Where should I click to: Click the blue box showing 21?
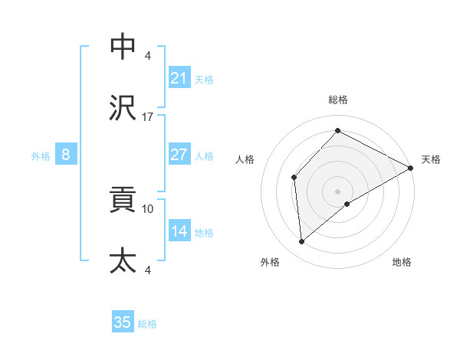point(179,78)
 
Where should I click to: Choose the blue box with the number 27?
point(179,155)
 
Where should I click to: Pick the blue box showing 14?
point(179,231)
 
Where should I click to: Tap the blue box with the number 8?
point(66,155)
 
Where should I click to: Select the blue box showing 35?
point(123,322)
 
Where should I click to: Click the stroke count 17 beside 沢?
point(148,117)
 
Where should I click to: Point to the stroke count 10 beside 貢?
point(148,208)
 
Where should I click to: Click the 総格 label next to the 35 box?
point(147,324)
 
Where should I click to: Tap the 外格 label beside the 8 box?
point(41,156)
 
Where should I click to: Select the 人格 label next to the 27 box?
point(204,156)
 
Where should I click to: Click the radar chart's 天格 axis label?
point(431,159)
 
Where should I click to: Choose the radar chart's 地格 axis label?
point(402,262)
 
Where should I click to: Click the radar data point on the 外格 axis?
point(302,242)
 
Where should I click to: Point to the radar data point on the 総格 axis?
point(337,130)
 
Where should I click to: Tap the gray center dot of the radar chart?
point(337,191)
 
